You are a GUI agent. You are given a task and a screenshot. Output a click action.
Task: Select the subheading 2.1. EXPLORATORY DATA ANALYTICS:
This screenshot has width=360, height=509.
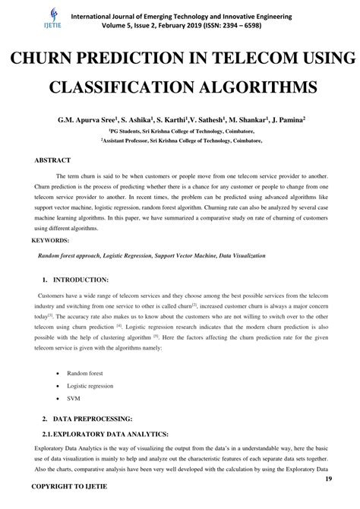pos(95,434)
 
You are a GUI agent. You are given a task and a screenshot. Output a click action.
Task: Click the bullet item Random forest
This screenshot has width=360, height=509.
pos(85,375)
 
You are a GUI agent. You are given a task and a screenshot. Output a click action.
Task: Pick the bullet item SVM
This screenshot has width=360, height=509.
pos(74,397)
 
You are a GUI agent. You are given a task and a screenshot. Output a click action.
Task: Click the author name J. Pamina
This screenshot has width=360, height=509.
pos(283,120)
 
